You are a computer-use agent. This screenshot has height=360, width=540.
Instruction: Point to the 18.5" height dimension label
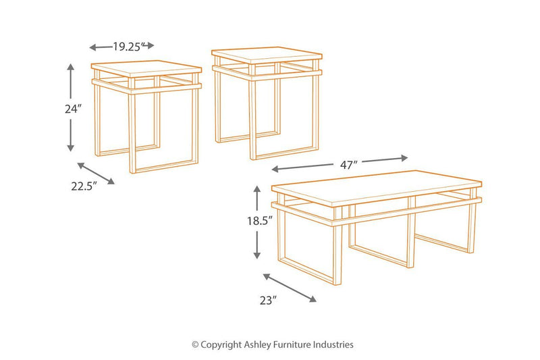point(261,220)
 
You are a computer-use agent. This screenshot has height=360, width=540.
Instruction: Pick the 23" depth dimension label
point(269,302)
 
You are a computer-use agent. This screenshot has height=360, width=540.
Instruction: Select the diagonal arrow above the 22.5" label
point(97,174)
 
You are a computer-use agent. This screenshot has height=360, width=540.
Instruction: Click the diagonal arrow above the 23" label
point(290,288)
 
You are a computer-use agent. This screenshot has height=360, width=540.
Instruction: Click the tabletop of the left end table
point(146,70)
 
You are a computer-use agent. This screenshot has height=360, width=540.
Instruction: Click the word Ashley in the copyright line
point(257,344)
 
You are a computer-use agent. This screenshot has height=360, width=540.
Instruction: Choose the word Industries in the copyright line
point(333,344)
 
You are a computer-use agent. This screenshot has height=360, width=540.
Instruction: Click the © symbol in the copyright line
point(196,344)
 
